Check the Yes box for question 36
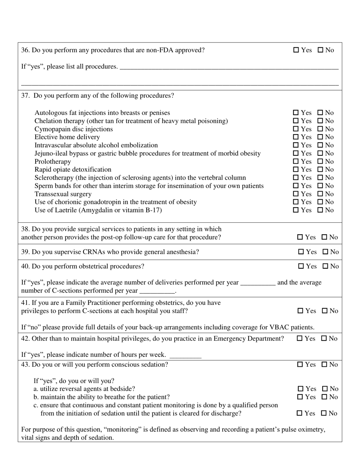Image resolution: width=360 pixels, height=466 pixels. (x=296, y=50)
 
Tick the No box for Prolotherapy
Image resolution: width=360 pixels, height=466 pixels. (x=320, y=161)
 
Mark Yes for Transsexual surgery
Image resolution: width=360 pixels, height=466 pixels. (x=296, y=194)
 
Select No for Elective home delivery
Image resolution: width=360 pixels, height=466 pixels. (x=320, y=137)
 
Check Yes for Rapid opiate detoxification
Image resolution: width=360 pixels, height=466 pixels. (x=296, y=170)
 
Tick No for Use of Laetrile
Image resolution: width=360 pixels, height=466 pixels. (x=320, y=210)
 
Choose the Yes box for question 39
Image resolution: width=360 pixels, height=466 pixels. (x=301, y=252)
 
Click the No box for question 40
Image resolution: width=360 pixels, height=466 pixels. (x=325, y=266)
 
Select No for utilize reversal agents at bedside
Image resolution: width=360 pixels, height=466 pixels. (x=325, y=389)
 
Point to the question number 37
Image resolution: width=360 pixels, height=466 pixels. (x=25, y=95)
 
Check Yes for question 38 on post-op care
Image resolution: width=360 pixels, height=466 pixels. (x=300, y=238)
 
